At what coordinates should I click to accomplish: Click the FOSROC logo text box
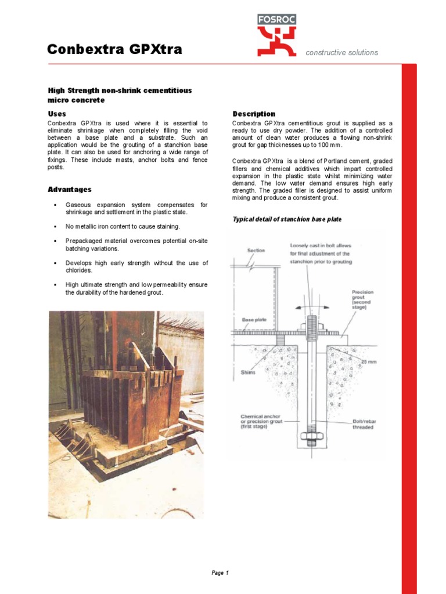(277, 19)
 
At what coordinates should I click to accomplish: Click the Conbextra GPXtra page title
(114, 50)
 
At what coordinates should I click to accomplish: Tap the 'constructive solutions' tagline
(341, 53)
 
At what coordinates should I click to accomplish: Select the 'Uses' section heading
(56, 114)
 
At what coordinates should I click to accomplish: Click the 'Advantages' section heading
(69, 190)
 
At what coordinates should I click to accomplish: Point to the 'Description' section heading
(254, 114)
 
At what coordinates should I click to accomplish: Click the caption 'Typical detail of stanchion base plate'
(287, 219)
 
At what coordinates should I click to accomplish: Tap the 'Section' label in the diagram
(256, 251)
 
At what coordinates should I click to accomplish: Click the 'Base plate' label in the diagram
(254, 320)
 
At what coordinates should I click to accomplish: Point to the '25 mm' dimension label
(368, 361)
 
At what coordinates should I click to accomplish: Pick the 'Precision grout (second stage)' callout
(362, 299)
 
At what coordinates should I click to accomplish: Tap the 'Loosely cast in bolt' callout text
(319, 253)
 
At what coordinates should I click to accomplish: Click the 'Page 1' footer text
(220, 573)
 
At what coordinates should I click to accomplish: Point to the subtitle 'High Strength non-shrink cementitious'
(119, 90)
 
